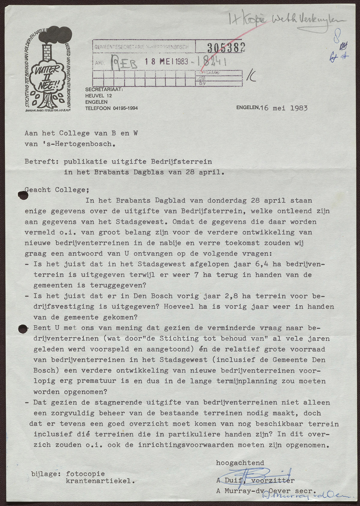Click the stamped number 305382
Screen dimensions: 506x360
pyautogui.click(x=226, y=47)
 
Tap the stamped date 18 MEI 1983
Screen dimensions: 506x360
pyautogui.click(x=166, y=62)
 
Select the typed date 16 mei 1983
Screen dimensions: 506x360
pyautogui.click(x=284, y=108)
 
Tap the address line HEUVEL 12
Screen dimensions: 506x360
pyautogui.click(x=98, y=96)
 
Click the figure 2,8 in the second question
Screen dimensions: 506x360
pyautogui.click(x=233, y=296)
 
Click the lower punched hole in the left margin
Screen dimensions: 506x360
pyautogui.click(x=22, y=329)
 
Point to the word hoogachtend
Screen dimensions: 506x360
pyautogui.click(x=240, y=463)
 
